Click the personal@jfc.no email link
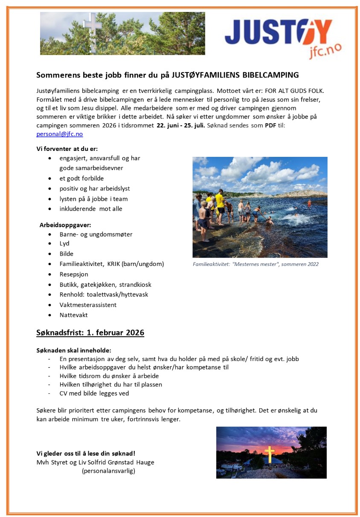[60, 134]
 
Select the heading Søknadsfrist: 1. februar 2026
[90, 332]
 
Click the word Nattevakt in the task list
[73, 315]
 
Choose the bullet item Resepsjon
[74, 274]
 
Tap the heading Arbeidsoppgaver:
[65, 225]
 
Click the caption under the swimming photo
[255, 264]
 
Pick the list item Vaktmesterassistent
[88, 305]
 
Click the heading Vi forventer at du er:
[67, 149]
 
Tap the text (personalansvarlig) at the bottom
[108, 471]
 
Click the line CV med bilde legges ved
[94, 393]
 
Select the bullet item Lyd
[64, 243]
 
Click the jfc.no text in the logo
[325, 51]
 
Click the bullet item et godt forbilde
[81, 178]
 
